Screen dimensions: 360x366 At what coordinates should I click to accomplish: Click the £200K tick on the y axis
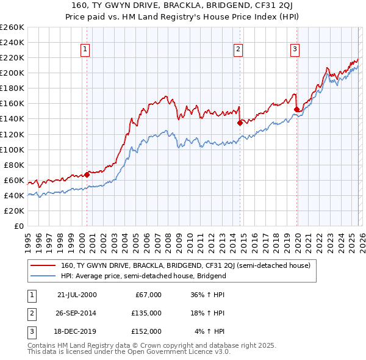click(12, 73)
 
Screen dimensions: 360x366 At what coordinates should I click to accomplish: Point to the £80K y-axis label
click(14, 165)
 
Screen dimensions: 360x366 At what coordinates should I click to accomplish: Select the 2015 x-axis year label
click(243, 238)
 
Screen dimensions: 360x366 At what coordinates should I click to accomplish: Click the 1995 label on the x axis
click(28, 238)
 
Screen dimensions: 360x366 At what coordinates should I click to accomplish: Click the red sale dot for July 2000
click(87, 175)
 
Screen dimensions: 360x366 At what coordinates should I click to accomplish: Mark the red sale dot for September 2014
click(240, 123)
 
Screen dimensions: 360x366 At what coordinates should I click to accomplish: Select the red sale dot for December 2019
click(296, 110)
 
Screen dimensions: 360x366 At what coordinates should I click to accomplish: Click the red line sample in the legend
click(43, 265)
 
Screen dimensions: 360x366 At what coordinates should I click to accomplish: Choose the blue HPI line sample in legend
click(43, 276)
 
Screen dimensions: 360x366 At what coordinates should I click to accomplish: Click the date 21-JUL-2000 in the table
click(77, 295)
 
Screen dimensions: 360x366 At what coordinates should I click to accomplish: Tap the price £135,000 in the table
click(146, 313)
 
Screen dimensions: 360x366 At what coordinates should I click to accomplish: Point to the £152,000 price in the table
click(146, 331)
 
